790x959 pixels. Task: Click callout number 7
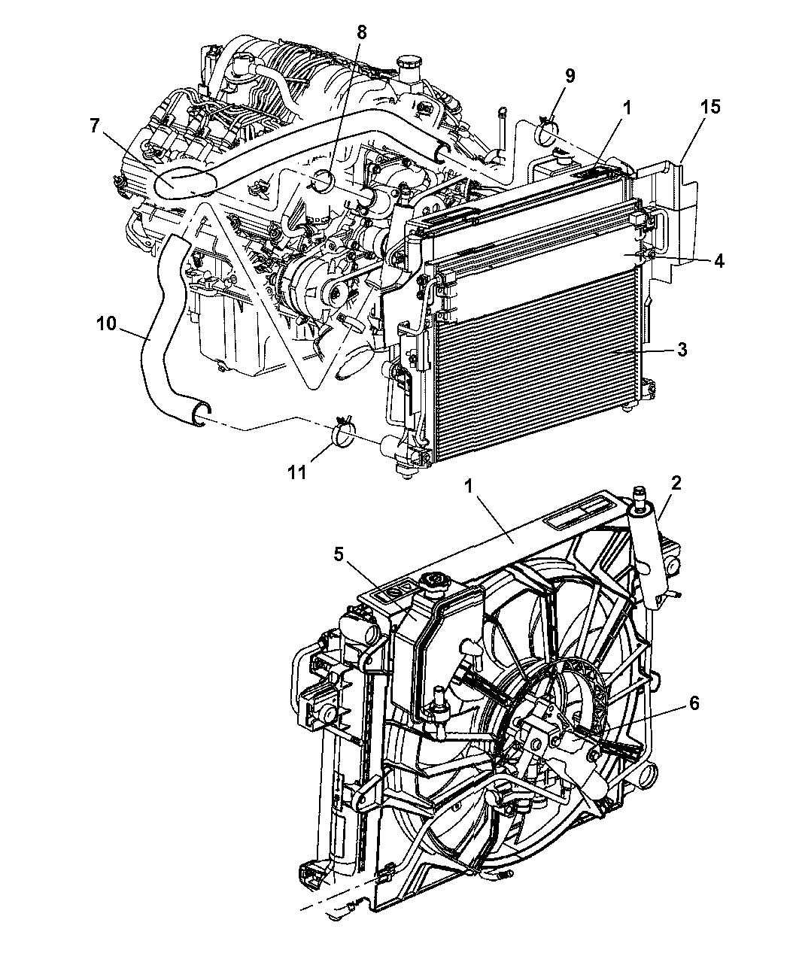[94, 125]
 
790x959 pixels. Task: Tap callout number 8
[362, 32]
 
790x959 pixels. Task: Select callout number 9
[570, 76]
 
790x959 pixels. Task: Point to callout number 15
[710, 107]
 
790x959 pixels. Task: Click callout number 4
[719, 261]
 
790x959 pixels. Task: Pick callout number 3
[682, 350]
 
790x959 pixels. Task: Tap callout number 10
[107, 323]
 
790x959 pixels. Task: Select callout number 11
[297, 472]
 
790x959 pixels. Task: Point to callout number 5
[338, 554]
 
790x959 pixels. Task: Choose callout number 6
[694, 703]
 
